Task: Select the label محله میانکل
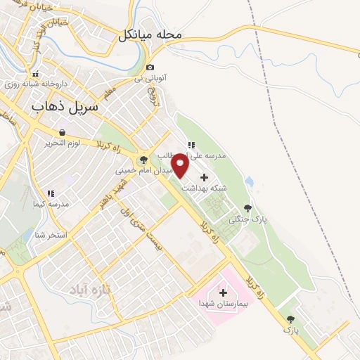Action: (151, 34)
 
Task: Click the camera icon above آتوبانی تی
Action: (150, 67)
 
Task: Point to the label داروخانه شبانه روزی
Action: (35, 83)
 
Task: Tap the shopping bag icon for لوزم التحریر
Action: (61, 131)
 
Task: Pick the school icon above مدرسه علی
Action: (191, 145)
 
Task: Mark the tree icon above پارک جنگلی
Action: (247, 207)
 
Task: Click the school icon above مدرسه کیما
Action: (50, 193)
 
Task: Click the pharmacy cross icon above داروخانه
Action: (35, 74)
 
